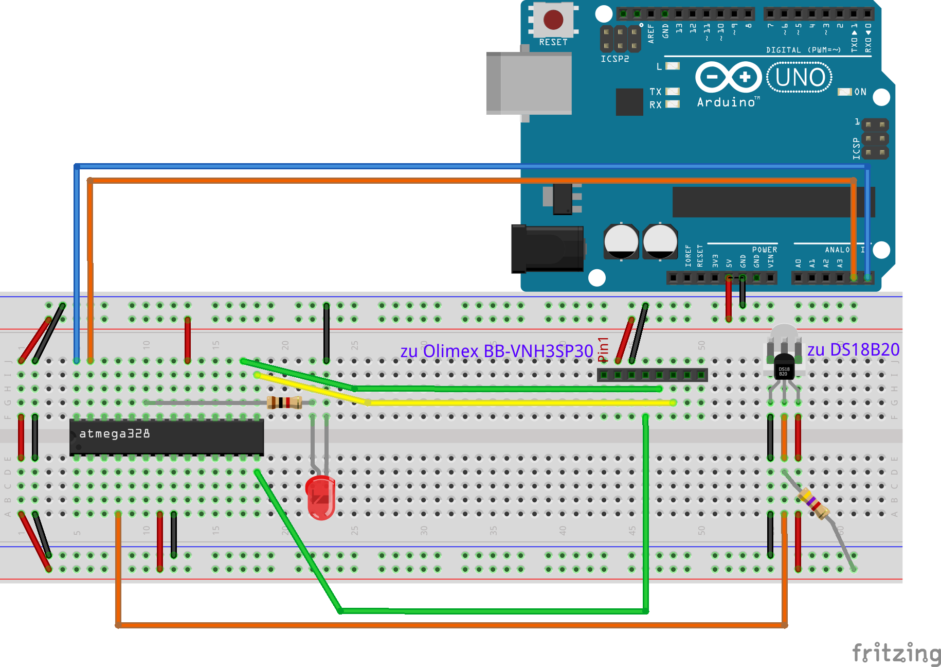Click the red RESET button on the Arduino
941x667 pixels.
(553, 20)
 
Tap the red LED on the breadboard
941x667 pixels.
(320, 497)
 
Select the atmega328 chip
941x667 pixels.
(167, 437)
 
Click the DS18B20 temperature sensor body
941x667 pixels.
(784, 367)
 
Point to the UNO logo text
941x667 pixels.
(800, 78)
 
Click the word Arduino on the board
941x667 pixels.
(726, 102)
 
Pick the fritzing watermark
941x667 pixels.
(896, 654)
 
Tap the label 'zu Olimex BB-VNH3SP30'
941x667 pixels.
(497, 352)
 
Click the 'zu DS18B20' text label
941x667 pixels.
(853, 350)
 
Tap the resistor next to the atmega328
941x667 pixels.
(284, 402)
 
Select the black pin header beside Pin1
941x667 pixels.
(652, 375)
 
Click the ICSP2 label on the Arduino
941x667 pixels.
(615, 59)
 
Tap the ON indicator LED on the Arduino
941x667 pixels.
(844, 92)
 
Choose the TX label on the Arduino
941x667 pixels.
(655, 92)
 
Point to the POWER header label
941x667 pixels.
(765, 250)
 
